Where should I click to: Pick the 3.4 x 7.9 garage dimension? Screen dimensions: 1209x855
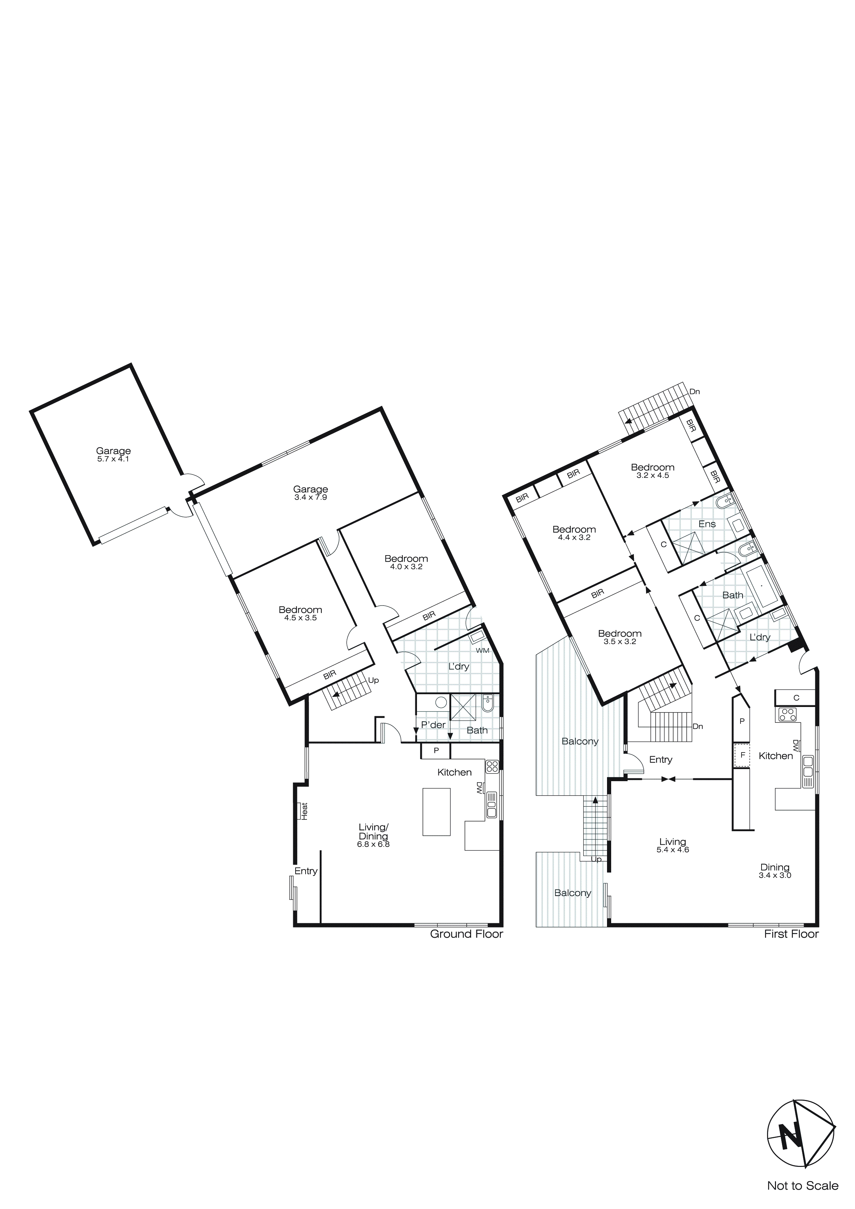[x=311, y=498]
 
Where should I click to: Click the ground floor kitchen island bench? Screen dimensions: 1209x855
[x=436, y=812]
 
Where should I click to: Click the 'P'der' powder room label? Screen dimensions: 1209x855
[x=433, y=725]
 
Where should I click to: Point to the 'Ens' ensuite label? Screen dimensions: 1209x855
[x=707, y=524]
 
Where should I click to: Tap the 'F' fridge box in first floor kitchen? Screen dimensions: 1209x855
[x=742, y=755]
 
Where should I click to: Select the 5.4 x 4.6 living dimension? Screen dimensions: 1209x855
[x=673, y=850]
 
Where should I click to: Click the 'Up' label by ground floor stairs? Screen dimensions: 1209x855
[x=373, y=680]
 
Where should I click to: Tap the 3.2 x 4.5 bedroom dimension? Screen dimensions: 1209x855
[x=653, y=475]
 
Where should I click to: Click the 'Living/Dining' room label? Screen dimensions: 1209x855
[x=373, y=832]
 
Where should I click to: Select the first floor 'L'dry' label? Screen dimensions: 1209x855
[x=760, y=637]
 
